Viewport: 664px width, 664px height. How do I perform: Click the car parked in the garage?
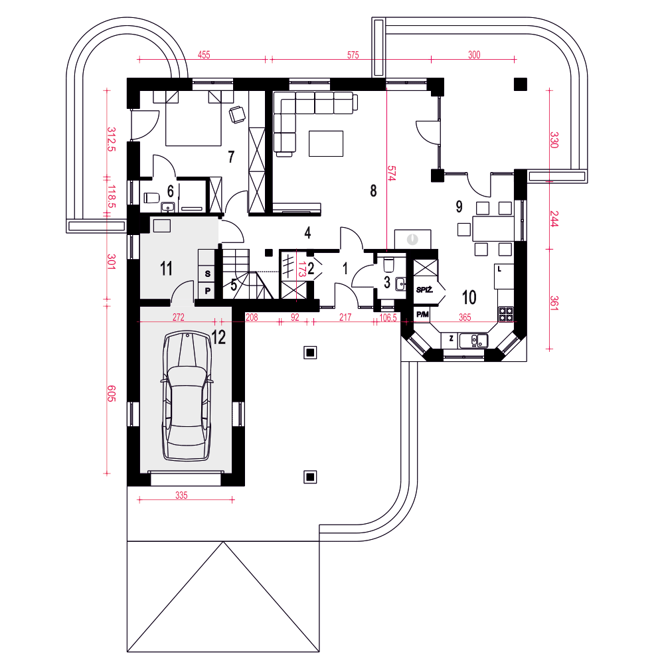(x=187, y=396)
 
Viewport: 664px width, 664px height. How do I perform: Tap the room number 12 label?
(x=218, y=337)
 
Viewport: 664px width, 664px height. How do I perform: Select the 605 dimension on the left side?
(x=111, y=393)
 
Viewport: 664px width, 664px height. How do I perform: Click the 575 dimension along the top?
(x=353, y=55)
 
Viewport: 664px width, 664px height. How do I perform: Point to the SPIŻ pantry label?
(x=424, y=290)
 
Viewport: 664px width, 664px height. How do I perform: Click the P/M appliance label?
(x=422, y=315)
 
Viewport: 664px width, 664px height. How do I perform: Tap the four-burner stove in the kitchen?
(x=505, y=314)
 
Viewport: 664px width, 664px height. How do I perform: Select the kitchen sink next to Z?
(x=474, y=340)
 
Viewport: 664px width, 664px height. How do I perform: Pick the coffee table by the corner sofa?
(x=325, y=143)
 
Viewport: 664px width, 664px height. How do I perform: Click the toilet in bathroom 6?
(x=151, y=198)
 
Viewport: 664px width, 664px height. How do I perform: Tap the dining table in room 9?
(x=493, y=228)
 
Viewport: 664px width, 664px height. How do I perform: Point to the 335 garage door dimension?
(x=181, y=495)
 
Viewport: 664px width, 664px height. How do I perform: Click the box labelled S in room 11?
(x=207, y=274)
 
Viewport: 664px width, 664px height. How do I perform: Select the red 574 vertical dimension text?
(x=391, y=173)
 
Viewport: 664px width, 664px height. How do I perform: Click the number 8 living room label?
(x=373, y=191)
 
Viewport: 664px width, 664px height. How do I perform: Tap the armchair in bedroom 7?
(x=237, y=114)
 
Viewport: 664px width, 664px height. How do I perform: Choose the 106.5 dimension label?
(x=388, y=317)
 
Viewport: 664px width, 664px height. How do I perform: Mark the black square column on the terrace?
(x=521, y=84)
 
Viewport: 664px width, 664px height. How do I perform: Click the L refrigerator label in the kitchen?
(x=500, y=270)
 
